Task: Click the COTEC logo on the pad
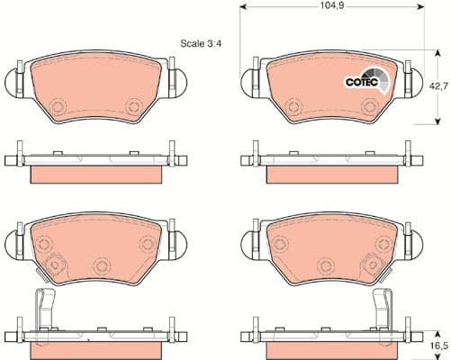click(x=365, y=81)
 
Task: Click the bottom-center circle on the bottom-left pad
click(x=101, y=265)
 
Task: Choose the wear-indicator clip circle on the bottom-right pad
click(x=369, y=265)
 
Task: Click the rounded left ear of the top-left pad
click(x=13, y=82)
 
